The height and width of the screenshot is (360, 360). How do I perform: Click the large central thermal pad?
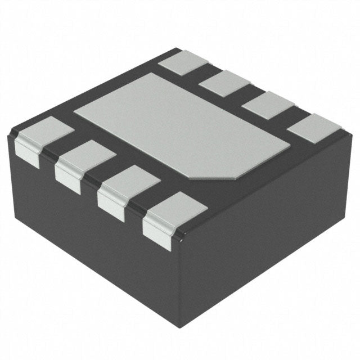coord(180,127)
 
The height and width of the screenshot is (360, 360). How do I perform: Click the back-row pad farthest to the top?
coord(183,61)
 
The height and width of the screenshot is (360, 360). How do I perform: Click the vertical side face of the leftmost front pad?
coord(27,153)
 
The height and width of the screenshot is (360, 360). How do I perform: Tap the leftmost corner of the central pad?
coord(75,107)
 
